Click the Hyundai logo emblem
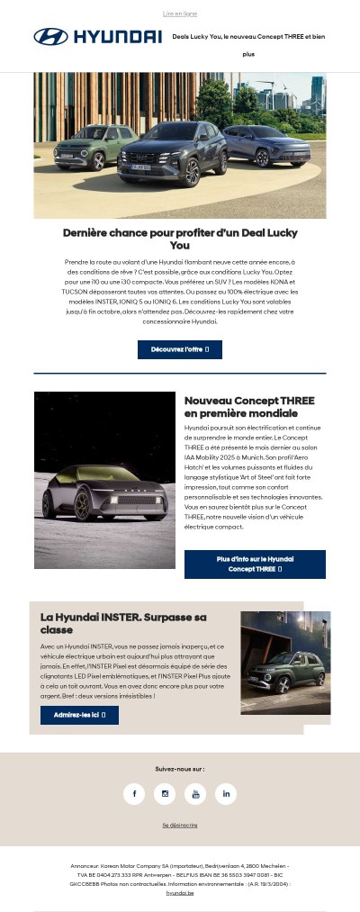click(x=50, y=37)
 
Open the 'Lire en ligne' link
click(x=180, y=14)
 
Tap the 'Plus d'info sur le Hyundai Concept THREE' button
click(x=255, y=564)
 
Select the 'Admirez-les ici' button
click(x=79, y=715)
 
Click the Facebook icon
click(x=134, y=793)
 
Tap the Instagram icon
click(x=165, y=793)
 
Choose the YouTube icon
click(x=195, y=793)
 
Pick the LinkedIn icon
click(x=226, y=793)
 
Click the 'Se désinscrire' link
click(x=180, y=825)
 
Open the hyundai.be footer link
click(x=180, y=893)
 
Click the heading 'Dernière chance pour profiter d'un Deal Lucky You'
click(x=180, y=239)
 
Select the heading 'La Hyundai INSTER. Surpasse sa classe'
click(x=123, y=623)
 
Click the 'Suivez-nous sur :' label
click(x=180, y=769)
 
